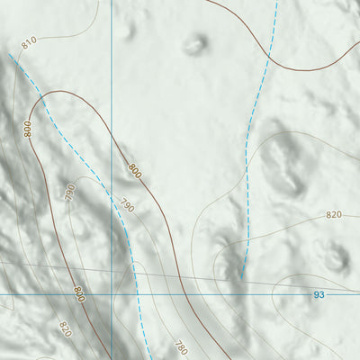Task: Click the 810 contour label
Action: click(x=28, y=43)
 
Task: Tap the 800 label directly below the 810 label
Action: click(x=28, y=129)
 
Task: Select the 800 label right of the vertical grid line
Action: click(x=135, y=168)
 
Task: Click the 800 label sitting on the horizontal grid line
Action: click(x=78, y=292)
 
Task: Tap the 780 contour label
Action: click(x=182, y=346)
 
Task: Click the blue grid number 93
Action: click(x=319, y=294)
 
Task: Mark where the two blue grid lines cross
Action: click(x=112, y=293)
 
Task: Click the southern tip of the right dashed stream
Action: click(x=241, y=278)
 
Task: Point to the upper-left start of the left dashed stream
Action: click(x=10, y=54)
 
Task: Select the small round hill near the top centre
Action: click(x=193, y=43)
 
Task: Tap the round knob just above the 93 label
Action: click(x=336, y=259)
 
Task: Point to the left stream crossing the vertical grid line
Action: click(x=112, y=191)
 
